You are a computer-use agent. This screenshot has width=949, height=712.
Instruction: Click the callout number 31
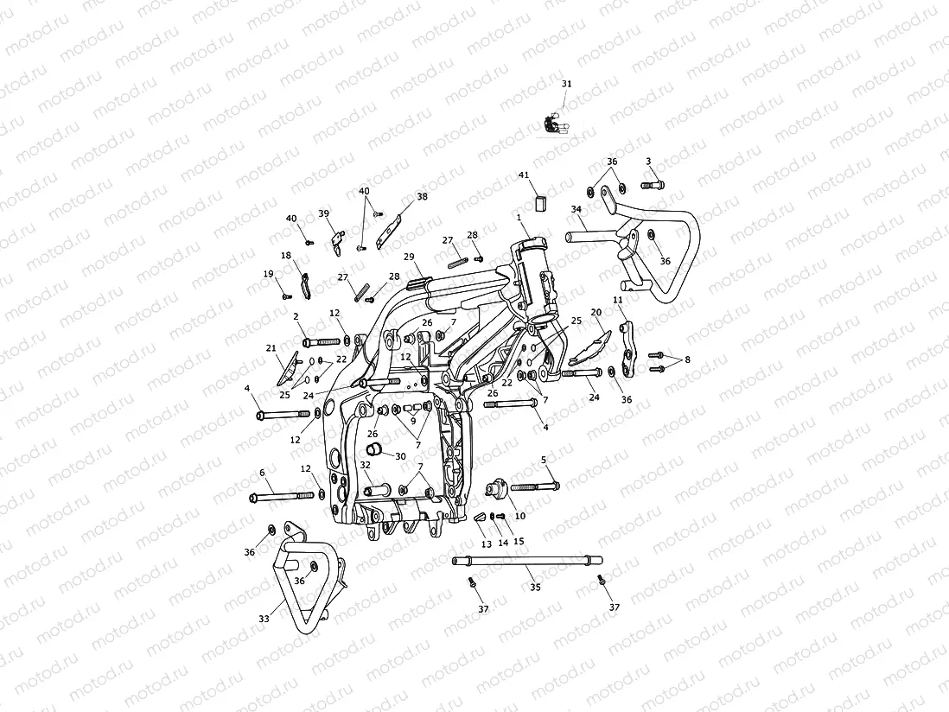567,84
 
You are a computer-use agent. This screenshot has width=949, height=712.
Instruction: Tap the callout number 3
648,162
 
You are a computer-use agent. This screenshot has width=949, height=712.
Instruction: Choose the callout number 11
617,300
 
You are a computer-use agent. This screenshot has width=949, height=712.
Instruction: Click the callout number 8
688,359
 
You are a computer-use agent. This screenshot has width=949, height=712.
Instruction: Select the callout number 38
422,197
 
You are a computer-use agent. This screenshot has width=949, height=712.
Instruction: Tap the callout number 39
324,213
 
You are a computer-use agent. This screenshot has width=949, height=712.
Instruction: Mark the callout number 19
269,274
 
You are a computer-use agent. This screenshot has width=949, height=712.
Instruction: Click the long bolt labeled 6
282,497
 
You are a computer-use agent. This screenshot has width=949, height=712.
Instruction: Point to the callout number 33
264,619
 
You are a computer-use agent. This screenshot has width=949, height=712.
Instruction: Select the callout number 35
535,588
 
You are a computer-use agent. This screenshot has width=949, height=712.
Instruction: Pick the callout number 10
519,516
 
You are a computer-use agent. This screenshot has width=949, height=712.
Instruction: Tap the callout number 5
544,460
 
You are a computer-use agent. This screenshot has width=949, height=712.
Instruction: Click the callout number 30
400,456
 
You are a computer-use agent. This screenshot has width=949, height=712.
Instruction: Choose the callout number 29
409,257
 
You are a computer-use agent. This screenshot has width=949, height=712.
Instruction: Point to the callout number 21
271,348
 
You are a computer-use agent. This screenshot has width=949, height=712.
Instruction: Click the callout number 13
486,544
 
